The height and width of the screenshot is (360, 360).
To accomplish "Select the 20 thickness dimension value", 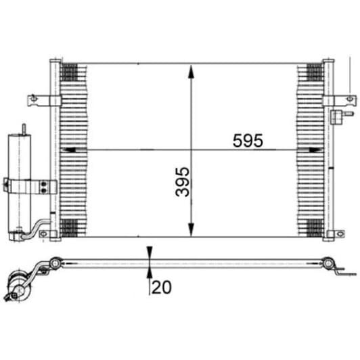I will (x=162, y=286).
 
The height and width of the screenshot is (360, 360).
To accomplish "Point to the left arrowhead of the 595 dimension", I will (x=66, y=150).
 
